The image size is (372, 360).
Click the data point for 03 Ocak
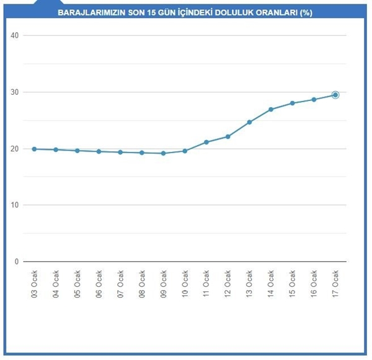[x=34, y=149]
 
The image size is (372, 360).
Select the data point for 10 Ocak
[x=185, y=151]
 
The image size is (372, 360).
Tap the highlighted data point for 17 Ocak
[x=335, y=95]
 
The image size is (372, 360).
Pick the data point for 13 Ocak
[x=249, y=122]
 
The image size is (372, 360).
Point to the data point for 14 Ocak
[x=271, y=109]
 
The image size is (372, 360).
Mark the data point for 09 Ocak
[x=163, y=153]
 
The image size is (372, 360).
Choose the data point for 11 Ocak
[x=206, y=142]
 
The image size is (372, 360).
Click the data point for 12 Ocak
[x=228, y=136]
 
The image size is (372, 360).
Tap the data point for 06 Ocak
[x=99, y=151]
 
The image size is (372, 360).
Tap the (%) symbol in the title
[x=306, y=12]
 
